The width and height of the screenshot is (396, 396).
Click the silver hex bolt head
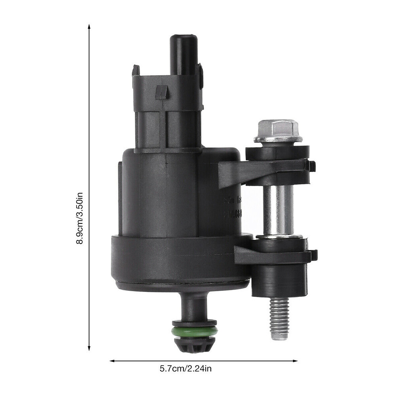click(278, 130)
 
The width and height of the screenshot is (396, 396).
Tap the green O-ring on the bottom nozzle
click(194, 331)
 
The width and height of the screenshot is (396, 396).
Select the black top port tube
click(184, 53)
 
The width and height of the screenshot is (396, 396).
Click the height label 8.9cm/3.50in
click(80, 218)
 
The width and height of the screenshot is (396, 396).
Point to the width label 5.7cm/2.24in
click(186, 369)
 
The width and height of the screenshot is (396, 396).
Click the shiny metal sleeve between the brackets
click(279, 210)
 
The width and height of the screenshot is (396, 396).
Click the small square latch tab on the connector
click(162, 92)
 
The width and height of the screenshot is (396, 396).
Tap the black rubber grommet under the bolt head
click(277, 152)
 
